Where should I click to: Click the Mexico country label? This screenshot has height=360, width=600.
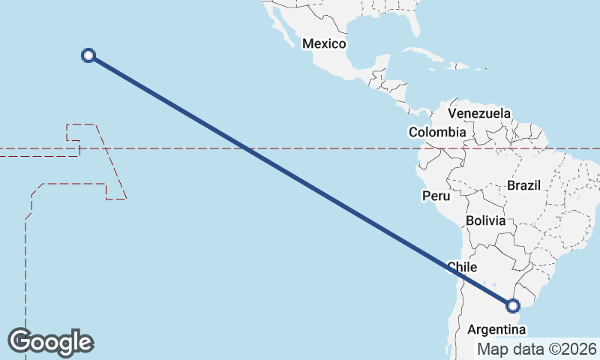(x=323, y=43)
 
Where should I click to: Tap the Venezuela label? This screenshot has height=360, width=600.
(x=479, y=113)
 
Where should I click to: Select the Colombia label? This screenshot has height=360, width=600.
(x=437, y=132)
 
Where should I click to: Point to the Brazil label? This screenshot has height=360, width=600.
(x=523, y=184)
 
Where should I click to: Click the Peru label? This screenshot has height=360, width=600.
(x=436, y=196)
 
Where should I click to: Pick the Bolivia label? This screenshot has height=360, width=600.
(x=485, y=220)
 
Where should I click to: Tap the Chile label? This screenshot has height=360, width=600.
(x=462, y=267)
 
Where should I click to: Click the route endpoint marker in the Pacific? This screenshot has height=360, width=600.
(x=88, y=55)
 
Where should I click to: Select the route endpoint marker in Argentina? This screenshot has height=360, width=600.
(x=513, y=305)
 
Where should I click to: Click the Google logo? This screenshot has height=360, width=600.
(x=50, y=342)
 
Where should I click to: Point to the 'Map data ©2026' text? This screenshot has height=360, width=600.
(x=537, y=349)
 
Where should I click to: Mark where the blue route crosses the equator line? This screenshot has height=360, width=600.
(x=248, y=148)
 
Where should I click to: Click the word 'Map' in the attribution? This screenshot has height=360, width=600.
(x=492, y=349)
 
